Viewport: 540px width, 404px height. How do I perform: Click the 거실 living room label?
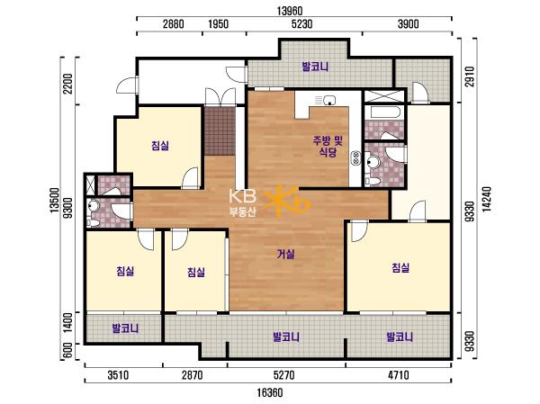pos(286,254)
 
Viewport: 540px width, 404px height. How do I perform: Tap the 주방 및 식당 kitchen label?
pos(328,146)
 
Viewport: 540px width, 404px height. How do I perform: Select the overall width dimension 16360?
pos(270,392)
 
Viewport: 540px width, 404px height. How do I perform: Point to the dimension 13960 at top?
pos(290,11)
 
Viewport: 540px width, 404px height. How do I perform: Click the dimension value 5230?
pos(301,23)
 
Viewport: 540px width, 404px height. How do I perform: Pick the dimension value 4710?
pos(398,374)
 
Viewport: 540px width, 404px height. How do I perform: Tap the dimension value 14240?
pos(487,200)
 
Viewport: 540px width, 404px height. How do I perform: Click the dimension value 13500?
pos(54,201)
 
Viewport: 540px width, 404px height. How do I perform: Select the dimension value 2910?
pos(470,76)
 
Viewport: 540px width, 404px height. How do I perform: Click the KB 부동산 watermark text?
pos(243,203)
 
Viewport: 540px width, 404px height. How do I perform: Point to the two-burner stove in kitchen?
pos(355,158)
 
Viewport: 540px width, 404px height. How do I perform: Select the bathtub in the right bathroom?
pos(384,112)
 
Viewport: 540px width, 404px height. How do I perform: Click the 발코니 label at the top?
pos(315,67)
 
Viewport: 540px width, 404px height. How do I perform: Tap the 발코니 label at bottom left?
pos(126,328)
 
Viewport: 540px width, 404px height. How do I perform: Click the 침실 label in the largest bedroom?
pos(400,267)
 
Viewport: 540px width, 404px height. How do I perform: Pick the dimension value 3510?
pos(118,374)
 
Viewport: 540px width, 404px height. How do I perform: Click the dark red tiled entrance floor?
pos(220,130)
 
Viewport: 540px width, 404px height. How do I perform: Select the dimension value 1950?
pos(219,23)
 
